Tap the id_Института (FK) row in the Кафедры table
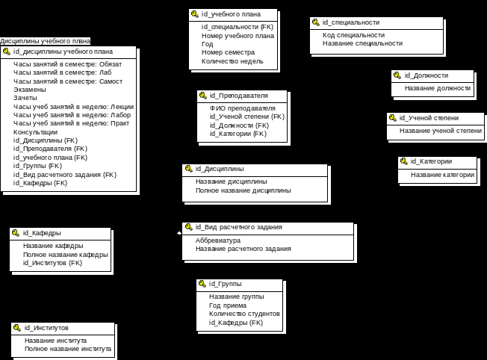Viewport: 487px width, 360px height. coord(53,263)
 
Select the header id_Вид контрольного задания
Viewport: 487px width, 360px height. coord(240,227)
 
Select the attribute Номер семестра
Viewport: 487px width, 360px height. coord(228,52)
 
